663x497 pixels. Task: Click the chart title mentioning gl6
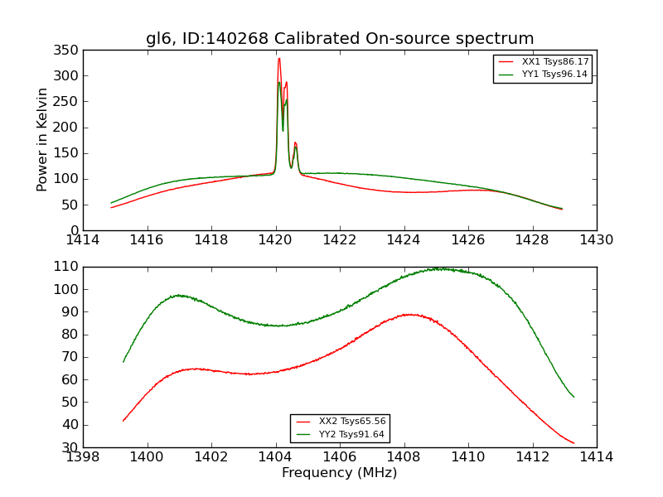(340, 39)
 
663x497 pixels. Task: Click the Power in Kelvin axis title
(43, 139)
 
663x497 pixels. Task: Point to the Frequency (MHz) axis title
(340, 473)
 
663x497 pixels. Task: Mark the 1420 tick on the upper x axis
(276, 240)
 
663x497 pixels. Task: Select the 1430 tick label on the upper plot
(597, 240)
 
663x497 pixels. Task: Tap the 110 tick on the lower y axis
(67, 267)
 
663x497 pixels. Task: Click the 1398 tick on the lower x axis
(83, 457)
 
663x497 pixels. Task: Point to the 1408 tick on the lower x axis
(404, 457)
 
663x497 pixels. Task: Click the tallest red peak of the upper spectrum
(279, 58)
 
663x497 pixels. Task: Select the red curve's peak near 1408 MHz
(409, 314)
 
